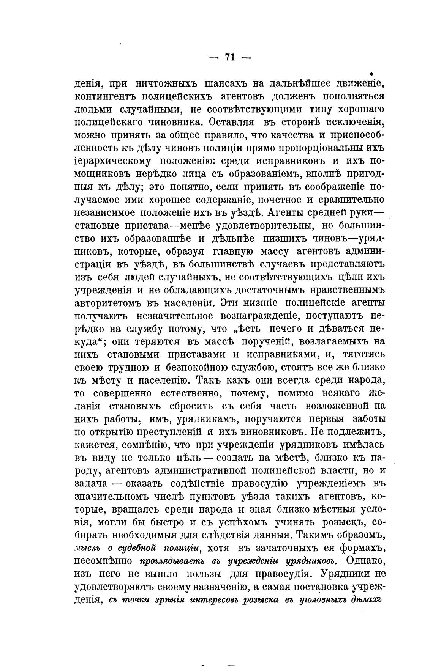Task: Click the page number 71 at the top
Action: (x=229, y=57)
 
